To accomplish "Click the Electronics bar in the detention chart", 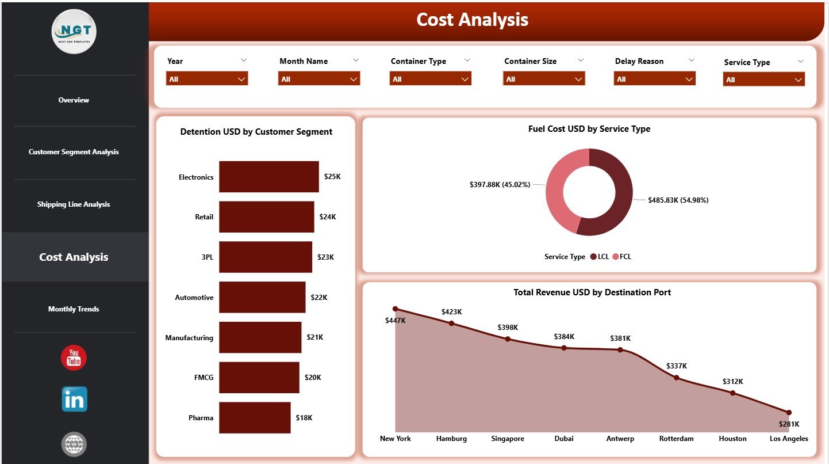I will pyautogui.click(x=268, y=177).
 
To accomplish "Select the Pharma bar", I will pyautogui.click(x=255, y=417).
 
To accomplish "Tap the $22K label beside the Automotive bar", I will pyautogui.click(x=318, y=298).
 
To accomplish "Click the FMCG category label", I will pyautogui.click(x=204, y=378).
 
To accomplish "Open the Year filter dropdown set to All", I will pyautogui.click(x=207, y=79).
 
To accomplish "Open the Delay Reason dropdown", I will pyautogui.click(x=654, y=79).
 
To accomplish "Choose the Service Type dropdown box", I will pyautogui.click(x=763, y=79).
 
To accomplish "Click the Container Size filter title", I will pyautogui.click(x=530, y=61).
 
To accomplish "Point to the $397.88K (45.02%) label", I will pyautogui.click(x=500, y=185).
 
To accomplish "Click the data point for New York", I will pyautogui.click(x=395, y=309).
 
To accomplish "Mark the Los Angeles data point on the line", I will pyautogui.click(x=788, y=412).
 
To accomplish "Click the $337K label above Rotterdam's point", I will pyautogui.click(x=676, y=366).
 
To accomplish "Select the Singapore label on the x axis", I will pyautogui.click(x=508, y=439).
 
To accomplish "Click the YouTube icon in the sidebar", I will pyautogui.click(x=74, y=357).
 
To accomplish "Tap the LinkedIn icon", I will pyautogui.click(x=74, y=399).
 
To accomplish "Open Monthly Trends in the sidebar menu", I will pyautogui.click(x=74, y=309).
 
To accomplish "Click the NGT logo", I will pyautogui.click(x=74, y=32).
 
